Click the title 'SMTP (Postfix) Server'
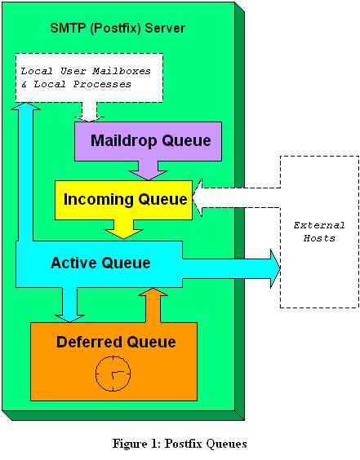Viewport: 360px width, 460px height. (118, 29)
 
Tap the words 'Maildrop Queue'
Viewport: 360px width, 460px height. (151, 140)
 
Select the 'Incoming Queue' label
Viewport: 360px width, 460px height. (126, 200)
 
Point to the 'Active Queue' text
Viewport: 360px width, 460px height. (100, 263)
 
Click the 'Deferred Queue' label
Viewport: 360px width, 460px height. (116, 342)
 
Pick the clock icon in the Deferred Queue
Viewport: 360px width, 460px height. (113, 374)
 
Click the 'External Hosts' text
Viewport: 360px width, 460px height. (319, 232)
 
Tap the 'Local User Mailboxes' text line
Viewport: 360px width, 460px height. (86, 71)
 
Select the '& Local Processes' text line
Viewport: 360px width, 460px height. (77, 84)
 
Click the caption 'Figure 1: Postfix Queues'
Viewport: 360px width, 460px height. (180, 443)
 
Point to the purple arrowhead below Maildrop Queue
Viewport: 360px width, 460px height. (149, 175)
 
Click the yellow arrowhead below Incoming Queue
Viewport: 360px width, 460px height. (123, 234)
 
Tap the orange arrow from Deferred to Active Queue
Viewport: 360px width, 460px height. (153, 305)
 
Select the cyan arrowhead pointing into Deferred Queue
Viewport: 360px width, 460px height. (69, 318)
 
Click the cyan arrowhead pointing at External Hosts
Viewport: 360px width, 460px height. (275, 268)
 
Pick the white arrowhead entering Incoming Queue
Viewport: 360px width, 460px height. (198, 197)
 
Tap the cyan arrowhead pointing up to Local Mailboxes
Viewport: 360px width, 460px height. (25, 106)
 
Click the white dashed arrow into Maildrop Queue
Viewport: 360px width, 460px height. (89, 112)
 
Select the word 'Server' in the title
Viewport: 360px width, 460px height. (165, 29)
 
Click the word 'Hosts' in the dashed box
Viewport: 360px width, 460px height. (319, 238)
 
